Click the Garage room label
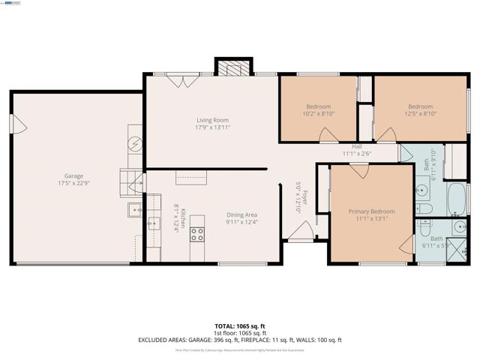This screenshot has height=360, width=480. (x=73, y=175)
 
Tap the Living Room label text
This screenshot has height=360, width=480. (x=212, y=120)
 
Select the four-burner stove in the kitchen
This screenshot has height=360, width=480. (x=197, y=233)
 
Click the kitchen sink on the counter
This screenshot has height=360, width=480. (x=154, y=223)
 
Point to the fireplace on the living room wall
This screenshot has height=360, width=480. (x=229, y=67)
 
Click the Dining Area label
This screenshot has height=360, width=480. (x=242, y=214)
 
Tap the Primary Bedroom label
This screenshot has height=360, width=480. (x=371, y=211)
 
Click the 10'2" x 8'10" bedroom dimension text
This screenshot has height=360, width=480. (x=318, y=115)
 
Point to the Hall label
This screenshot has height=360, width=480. (x=357, y=147)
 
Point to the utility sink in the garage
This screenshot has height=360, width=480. (x=136, y=210)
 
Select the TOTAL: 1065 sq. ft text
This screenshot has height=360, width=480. (x=240, y=326)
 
